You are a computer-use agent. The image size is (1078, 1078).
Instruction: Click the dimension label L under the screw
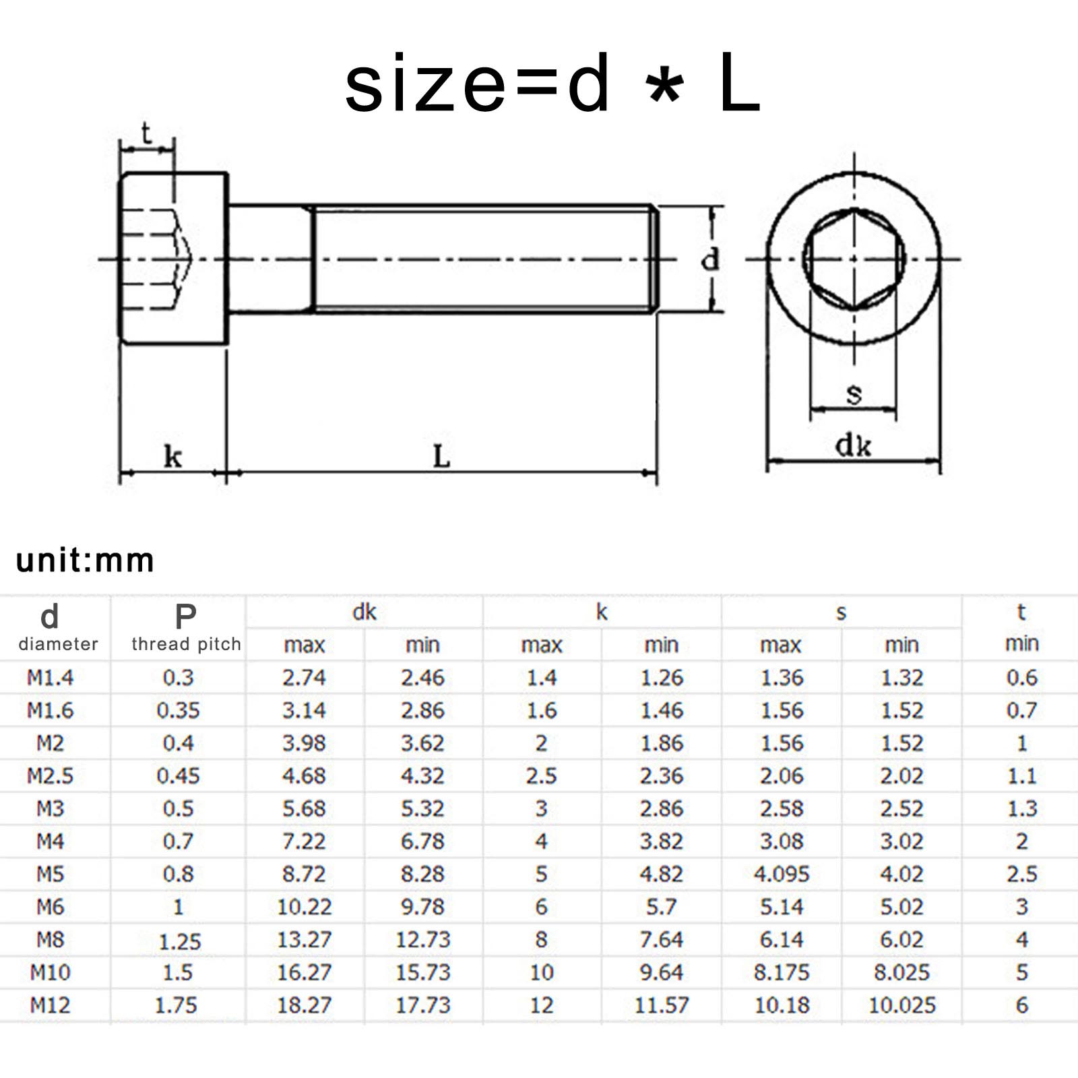(x=441, y=456)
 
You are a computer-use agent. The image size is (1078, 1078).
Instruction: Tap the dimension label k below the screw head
(x=172, y=457)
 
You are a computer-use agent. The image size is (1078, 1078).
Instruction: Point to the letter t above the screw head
(x=146, y=133)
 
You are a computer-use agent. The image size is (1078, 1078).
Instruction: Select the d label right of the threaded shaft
(x=710, y=259)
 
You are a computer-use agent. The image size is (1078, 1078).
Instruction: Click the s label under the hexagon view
(x=854, y=393)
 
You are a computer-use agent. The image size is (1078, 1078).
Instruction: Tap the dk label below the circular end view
(x=853, y=445)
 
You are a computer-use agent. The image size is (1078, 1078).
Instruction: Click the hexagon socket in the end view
(x=854, y=259)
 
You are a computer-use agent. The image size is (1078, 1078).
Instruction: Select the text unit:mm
(x=86, y=560)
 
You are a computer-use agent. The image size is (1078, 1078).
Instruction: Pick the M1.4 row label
(x=50, y=677)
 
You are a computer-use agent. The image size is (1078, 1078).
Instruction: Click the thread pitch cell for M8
(x=179, y=941)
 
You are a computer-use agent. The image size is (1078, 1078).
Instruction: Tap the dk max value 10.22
(x=305, y=907)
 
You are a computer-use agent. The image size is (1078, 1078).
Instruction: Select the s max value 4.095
(x=781, y=874)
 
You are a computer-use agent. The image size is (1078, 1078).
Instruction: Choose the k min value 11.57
(x=662, y=1005)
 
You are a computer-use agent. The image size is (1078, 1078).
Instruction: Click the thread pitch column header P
(x=185, y=616)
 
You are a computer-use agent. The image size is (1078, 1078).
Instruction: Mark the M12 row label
(x=50, y=1005)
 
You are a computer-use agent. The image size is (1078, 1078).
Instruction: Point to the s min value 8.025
(x=901, y=972)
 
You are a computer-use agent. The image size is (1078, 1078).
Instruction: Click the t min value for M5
(x=1021, y=874)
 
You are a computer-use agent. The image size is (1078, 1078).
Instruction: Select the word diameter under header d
(x=58, y=644)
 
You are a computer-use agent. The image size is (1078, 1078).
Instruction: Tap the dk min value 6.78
(x=422, y=842)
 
